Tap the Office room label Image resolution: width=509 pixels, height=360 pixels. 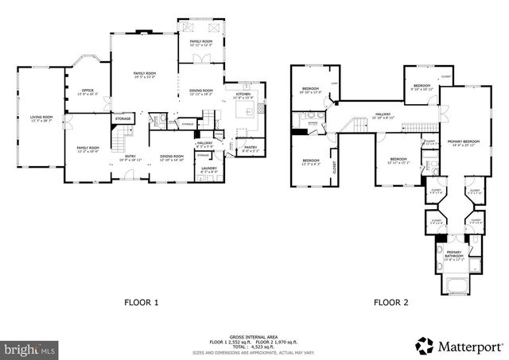87,92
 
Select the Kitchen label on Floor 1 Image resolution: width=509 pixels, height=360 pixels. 243,95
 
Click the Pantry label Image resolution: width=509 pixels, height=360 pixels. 250,148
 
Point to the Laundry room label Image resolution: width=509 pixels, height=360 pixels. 209,169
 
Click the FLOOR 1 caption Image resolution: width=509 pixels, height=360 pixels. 142,303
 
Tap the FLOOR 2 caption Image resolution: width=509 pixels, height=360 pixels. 390,303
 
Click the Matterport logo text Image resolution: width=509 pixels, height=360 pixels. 468,344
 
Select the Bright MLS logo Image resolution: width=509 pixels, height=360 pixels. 30,349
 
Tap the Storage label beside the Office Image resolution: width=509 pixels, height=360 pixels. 122,119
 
